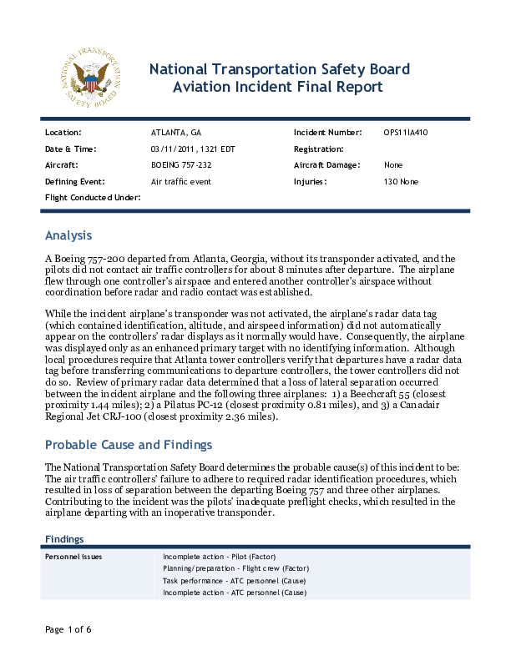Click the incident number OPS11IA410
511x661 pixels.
[x=406, y=133]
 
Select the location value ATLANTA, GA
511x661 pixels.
[x=175, y=133]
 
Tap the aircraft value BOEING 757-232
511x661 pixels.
[x=181, y=165]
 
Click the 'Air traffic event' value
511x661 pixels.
[x=180, y=181]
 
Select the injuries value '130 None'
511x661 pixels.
[x=401, y=181]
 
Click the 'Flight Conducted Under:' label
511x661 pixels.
[x=92, y=197]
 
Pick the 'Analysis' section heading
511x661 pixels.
[x=68, y=235]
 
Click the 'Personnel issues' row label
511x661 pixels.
[x=73, y=557]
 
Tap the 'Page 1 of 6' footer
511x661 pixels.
[x=68, y=628]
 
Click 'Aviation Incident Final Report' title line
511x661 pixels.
[x=277, y=87]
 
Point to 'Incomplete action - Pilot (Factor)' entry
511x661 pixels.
[x=220, y=557]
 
